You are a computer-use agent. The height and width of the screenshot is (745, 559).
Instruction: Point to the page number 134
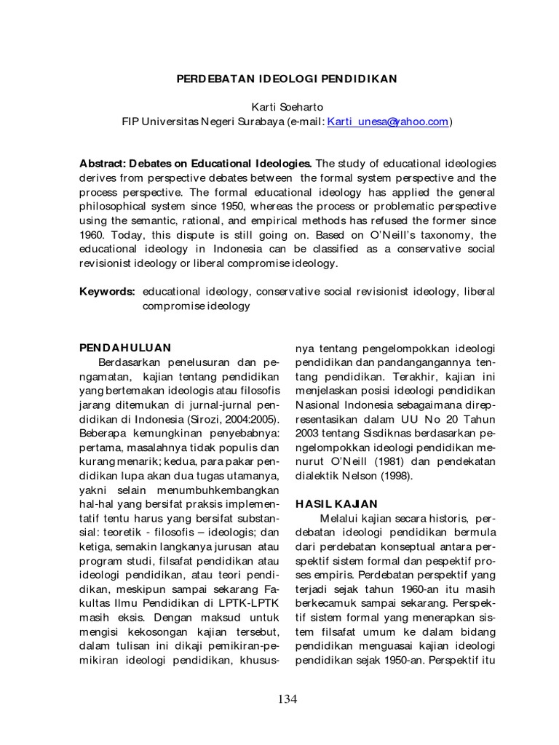(x=288, y=698)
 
